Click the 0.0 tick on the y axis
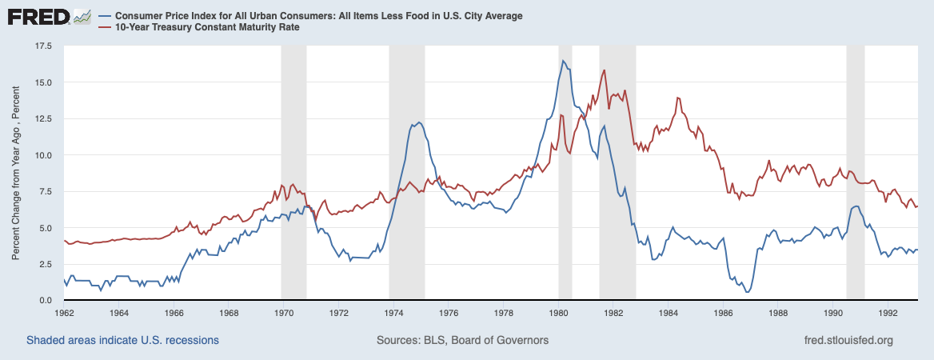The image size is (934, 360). (x=45, y=300)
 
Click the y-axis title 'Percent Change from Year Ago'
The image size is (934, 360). (x=16, y=173)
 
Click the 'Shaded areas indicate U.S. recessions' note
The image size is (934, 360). (x=122, y=340)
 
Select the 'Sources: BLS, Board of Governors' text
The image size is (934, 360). (x=462, y=340)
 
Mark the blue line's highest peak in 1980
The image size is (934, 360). (x=563, y=61)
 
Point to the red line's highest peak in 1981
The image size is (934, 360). (x=604, y=70)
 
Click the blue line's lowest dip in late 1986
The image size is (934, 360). (x=747, y=292)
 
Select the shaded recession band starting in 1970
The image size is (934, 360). (x=293, y=173)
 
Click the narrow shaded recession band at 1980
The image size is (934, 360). (x=565, y=173)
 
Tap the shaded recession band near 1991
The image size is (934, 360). (x=855, y=173)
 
